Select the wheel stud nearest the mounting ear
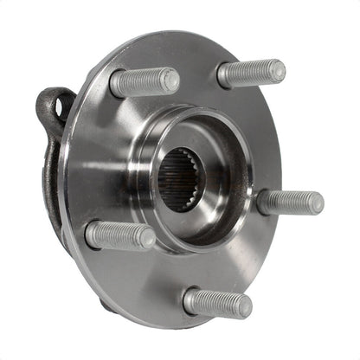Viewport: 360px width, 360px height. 144,82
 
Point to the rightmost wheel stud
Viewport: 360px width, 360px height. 290,202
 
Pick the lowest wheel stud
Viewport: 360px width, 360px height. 216,302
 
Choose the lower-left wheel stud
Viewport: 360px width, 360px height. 120,235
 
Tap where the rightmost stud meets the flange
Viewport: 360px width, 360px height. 262,201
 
